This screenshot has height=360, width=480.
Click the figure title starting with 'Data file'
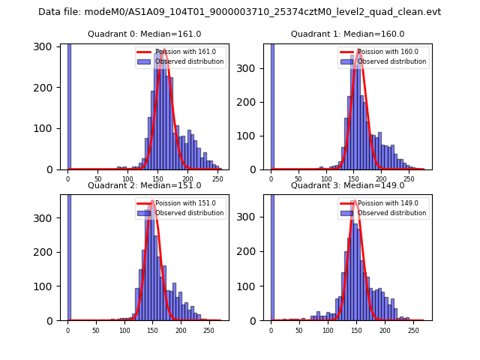point(239,12)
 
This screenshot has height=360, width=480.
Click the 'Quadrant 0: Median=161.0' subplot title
point(144,34)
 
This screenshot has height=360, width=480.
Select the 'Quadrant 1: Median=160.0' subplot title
point(347,34)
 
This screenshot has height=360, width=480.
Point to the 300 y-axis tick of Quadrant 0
point(46,46)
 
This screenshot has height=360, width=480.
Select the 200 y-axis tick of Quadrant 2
point(46,252)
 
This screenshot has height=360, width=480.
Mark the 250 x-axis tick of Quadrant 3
point(413,329)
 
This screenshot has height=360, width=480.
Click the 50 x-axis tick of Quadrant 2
point(95,329)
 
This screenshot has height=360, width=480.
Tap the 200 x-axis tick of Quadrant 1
point(381,178)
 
